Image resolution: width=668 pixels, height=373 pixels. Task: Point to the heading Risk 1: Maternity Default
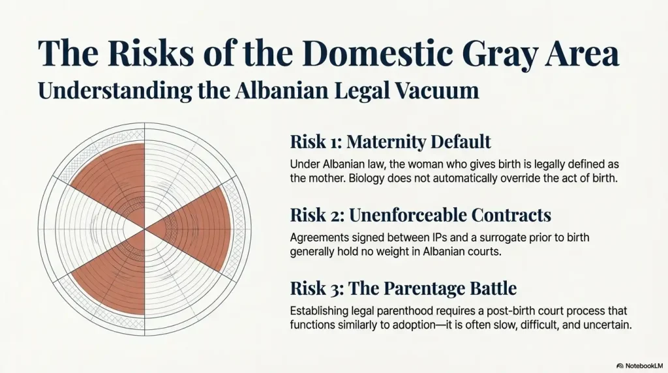point(390,142)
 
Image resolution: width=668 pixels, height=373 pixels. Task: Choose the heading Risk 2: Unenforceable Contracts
point(421,215)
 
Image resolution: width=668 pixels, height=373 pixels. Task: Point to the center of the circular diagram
point(144,229)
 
